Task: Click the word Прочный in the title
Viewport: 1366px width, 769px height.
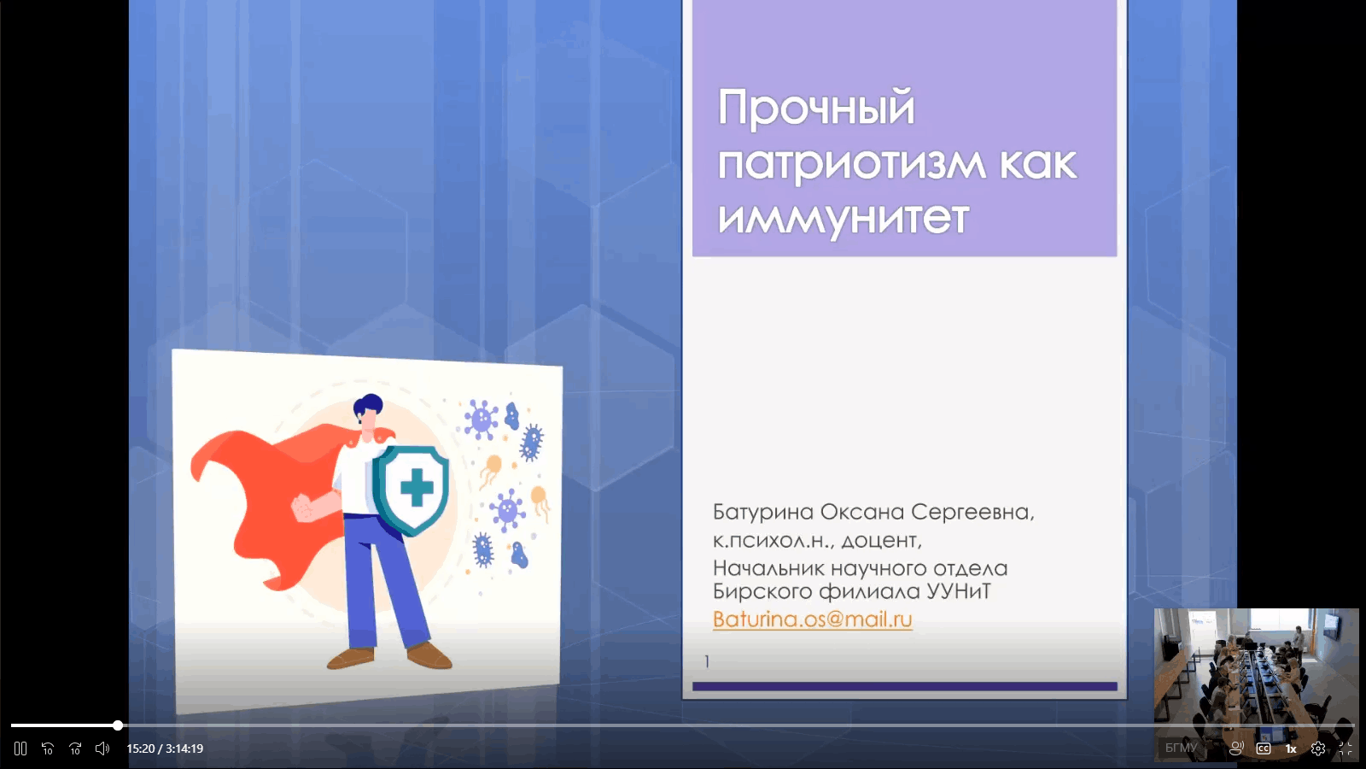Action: [816, 108]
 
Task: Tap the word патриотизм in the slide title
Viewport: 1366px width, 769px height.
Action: [850, 163]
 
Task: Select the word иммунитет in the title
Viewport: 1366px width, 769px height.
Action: [843, 217]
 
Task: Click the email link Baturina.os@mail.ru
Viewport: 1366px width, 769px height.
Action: [812, 619]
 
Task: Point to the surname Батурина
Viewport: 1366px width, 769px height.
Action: [762, 512]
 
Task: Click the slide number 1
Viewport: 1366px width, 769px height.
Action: [707, 661]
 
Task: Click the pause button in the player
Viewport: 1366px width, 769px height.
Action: [20, 748]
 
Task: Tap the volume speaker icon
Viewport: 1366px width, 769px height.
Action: [102, 748]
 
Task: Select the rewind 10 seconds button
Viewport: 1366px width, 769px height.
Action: [48, 748]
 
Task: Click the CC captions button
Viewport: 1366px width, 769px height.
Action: [1264, 748]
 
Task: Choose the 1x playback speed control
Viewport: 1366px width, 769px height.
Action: [1291, 748]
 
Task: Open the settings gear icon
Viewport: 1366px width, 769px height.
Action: [1318, 748]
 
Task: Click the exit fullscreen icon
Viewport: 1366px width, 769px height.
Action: [1345, 748]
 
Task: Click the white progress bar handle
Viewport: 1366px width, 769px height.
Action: [118, 725]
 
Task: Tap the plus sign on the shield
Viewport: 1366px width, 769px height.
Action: [417, 487]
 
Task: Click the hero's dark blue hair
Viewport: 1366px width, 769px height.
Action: [368, 405]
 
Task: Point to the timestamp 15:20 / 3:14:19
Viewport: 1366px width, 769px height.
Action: [165, 748]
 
